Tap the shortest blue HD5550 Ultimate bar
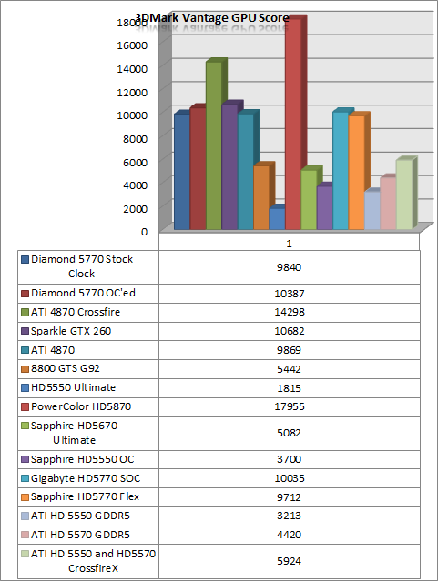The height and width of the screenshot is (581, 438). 277,218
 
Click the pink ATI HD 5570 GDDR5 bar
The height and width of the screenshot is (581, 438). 388,203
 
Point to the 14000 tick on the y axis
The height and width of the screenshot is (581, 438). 132,69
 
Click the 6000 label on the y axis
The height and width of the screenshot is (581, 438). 135,162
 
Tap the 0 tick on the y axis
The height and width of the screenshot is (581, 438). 144,232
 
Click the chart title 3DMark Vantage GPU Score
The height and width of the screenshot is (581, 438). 212,18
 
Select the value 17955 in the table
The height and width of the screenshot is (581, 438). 290,406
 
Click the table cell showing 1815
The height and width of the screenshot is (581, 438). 290,388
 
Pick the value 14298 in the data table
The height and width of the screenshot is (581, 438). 290,312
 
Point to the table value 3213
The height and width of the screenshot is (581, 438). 290,516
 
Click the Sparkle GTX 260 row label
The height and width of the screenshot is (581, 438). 71,331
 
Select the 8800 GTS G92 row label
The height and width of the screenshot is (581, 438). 66,368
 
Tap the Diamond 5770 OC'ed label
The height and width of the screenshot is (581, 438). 83,293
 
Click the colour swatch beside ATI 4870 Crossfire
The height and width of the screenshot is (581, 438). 25,313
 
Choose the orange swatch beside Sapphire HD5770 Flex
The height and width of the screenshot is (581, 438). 25,497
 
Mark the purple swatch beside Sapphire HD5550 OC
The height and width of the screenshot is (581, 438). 25,459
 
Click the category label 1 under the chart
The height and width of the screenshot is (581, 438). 290,244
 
